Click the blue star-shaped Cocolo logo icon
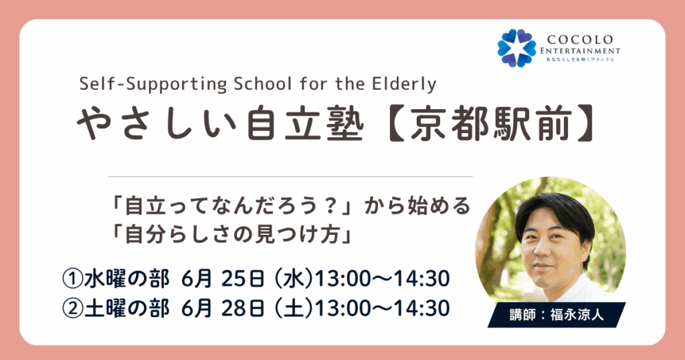coord(517,48)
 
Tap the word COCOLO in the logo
coord(580,39)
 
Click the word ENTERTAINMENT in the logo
coord(580,51)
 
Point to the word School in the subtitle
coord(264,83)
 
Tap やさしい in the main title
coord(156,123)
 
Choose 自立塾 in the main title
coord(304,123)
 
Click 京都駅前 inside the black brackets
coord(491,123)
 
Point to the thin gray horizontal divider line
coord(290,177)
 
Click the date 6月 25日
coord(222,279)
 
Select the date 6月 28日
coord(222,308)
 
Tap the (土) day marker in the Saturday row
coord(294,308)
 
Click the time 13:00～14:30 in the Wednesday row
coord(382,279)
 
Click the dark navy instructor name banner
coord(557,314)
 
